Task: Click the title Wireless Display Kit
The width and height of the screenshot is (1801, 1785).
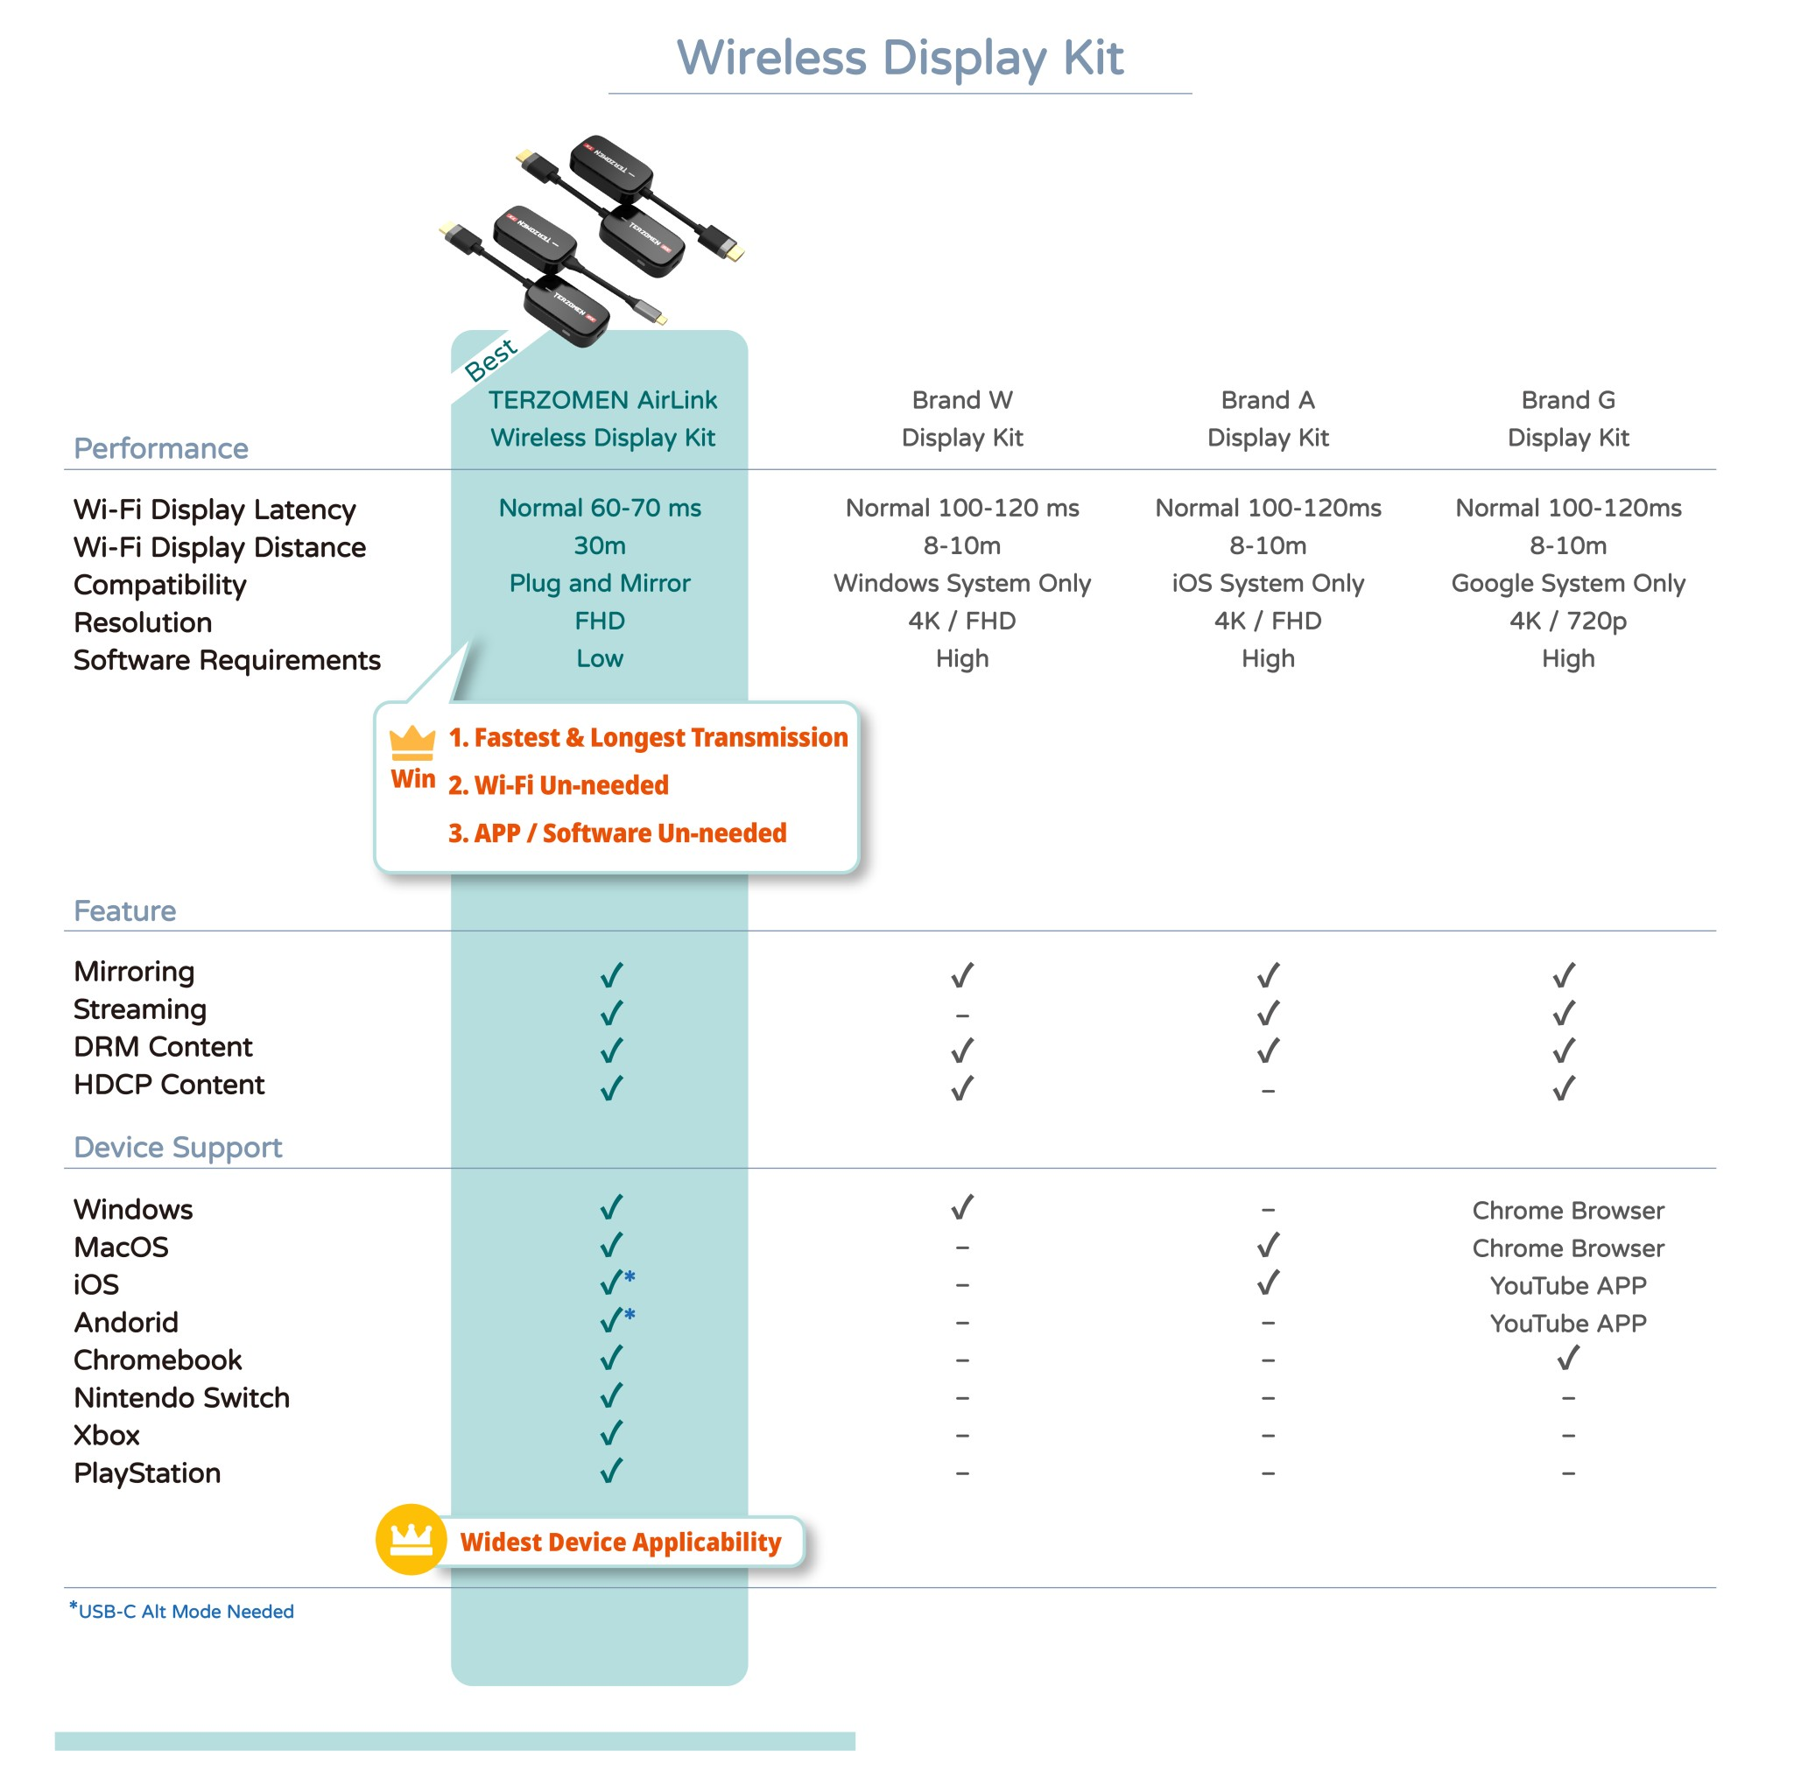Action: (899, 58)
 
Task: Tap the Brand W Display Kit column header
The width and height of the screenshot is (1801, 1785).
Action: (962, 418)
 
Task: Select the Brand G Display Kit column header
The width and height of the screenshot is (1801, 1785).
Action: (1568, 418)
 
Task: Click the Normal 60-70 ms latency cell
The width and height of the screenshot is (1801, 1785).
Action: (600, 508)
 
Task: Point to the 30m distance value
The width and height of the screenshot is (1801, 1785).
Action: (600, 545)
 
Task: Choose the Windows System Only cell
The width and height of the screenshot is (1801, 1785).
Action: (962, 584)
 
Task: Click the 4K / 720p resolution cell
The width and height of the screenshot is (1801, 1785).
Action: (1568, 621)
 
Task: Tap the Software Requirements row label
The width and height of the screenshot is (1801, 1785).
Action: (227, 660)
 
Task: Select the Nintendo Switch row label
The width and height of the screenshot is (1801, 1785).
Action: (182, 1397)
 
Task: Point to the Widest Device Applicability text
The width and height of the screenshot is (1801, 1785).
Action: (620, 1543)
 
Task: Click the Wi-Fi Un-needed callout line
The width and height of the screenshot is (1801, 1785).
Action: (559, 785)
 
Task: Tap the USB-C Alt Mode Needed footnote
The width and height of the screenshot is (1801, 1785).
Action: (185, 1612)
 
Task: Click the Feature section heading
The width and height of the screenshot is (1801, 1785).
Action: (125, 910)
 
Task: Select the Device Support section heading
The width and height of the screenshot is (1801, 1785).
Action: (177, 1148)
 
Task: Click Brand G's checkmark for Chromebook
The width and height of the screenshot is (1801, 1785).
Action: (1568, 1359)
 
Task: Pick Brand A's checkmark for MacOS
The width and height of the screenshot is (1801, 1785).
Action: (1268, 1247)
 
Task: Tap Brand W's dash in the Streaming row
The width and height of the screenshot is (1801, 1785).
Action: (962, 1015)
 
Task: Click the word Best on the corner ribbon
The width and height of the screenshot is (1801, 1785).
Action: (490, 360)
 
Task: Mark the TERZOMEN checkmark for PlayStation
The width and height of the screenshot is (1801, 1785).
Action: (611, 1472)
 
